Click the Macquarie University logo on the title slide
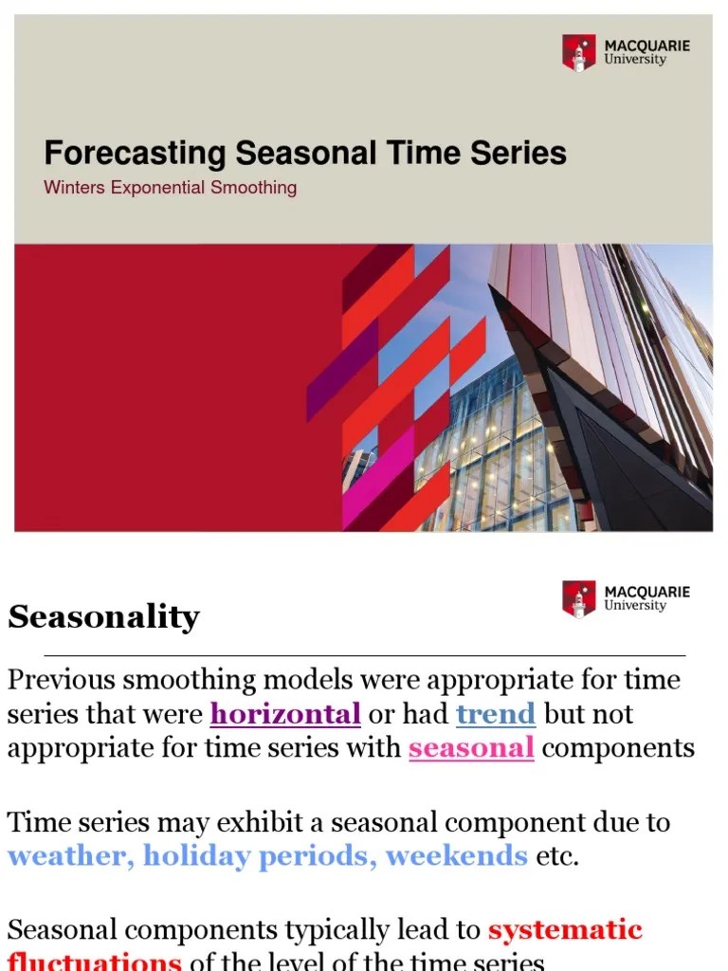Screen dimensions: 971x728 627,52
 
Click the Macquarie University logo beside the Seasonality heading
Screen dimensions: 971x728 627,598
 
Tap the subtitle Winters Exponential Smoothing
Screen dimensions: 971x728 170,188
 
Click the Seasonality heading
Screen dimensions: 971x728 103,617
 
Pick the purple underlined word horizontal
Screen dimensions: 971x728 285,714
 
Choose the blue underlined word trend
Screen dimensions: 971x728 496,714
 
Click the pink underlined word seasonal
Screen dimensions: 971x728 471,748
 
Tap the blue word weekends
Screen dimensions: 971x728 456,856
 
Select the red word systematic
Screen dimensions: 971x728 565,929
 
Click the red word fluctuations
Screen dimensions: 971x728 95,962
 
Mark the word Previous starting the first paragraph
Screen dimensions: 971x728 66,680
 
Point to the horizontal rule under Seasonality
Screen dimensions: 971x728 364,654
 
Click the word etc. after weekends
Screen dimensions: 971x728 557,856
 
